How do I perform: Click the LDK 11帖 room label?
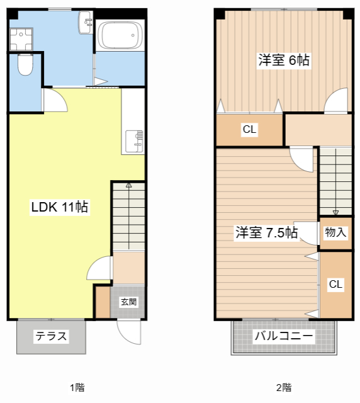coord(60,207)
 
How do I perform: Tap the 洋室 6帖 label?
coord(283,60)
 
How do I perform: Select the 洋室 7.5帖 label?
coord(266,232)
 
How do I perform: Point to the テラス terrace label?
coord(51,336)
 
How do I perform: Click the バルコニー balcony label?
coord(283,336)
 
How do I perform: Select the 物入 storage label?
coord(335,232)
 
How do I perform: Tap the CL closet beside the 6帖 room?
coord(250,130)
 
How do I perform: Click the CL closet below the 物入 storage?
coord(336,285)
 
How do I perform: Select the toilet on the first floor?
coord(25,65)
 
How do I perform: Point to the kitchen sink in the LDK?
coord(135,141)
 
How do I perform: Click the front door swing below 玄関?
coord(129,331)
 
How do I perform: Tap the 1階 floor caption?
coord(77,387)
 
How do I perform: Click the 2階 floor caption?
coord(283,387)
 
